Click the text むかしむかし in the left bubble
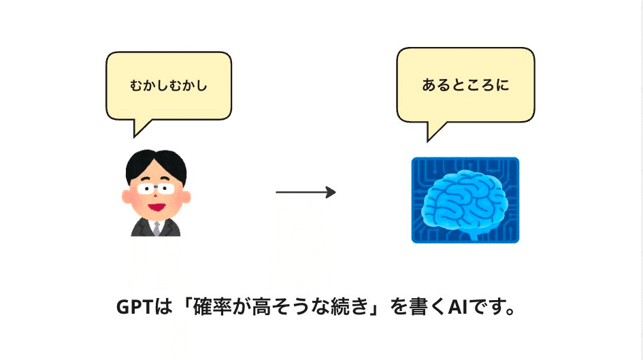pyautogui.click(x=168, y=86)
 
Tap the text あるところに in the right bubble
pyautogui.click(x=465, y=85)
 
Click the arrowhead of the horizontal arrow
pyautogui.click(x=331, y=193)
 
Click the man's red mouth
pyautogui.click(x=156, y=205)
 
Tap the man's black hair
pyautogui.click(x=156, y=161)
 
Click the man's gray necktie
pyautogui.click(x=156, y=228)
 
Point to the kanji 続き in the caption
pyautogui.click(x=347, y=307)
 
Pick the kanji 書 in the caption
pyautogui.click(x=418, y=307)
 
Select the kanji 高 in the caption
pyautogui.click(x=260, y=307)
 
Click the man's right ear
pyautogui.click(x=127, y=197)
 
